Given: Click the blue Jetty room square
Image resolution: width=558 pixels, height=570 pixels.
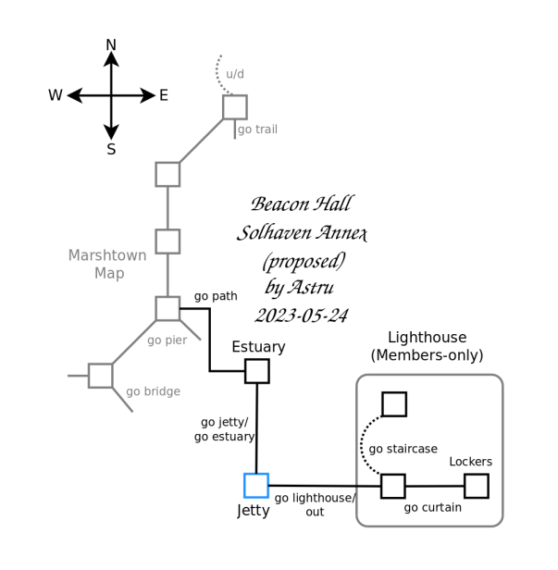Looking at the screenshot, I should click(256, 486).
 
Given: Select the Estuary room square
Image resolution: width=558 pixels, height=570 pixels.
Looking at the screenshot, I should click(257, 371).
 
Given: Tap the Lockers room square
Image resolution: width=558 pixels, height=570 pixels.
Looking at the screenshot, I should click(477, 486).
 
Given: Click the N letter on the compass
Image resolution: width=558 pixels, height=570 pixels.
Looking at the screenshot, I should click(111, 45).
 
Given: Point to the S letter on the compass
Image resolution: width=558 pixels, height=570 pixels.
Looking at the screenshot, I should click(111, 150).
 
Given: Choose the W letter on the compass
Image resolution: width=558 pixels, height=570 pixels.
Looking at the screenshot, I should click(56, 95).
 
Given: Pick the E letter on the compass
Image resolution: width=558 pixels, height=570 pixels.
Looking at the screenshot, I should click(164, 95).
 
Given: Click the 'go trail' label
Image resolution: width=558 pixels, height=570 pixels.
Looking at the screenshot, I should click(257, 130).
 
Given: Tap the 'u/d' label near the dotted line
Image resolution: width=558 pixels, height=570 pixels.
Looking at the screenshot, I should click(235, 74).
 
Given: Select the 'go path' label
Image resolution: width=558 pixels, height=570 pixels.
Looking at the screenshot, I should click(216, 296).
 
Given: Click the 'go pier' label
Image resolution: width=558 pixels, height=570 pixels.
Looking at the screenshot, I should click(167, 341).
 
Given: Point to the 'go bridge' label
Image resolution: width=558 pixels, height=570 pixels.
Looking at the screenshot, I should click(153, 391).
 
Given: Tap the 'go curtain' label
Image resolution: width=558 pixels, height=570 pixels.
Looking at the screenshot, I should click(433, 507).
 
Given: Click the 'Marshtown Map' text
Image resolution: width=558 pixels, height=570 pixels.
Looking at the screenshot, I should click(108, 264).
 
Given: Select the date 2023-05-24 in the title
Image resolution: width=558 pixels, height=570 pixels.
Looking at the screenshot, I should click(302, 316).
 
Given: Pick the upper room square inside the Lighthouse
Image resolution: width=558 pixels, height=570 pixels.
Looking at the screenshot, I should click(394, 404).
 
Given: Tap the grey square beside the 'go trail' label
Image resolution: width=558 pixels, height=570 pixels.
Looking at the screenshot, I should click(235, 107).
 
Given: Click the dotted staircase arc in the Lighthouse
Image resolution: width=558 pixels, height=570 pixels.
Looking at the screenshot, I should click(362, 447).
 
